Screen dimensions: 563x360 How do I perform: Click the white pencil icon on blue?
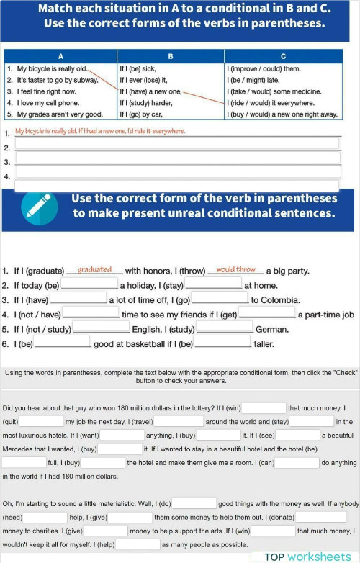point(35,205)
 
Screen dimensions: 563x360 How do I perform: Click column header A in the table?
point(60,57)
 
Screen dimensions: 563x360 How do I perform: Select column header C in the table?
point(282,57)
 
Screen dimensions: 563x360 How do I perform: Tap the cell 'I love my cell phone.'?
point(44,103)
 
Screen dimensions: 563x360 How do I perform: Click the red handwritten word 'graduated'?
point(94,270)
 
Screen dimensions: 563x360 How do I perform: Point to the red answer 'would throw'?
point(235,270)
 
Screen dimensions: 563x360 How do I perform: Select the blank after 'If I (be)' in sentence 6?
point(63,343)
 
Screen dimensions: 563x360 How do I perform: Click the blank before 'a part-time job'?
point(268,314)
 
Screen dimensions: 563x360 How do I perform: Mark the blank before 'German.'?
point(225,328)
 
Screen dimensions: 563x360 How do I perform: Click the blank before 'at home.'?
point(214,285)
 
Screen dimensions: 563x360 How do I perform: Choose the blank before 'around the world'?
point(179,421)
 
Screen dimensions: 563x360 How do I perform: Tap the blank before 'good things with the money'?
point(194,503)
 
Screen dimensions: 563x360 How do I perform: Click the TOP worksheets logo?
point(307,557)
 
